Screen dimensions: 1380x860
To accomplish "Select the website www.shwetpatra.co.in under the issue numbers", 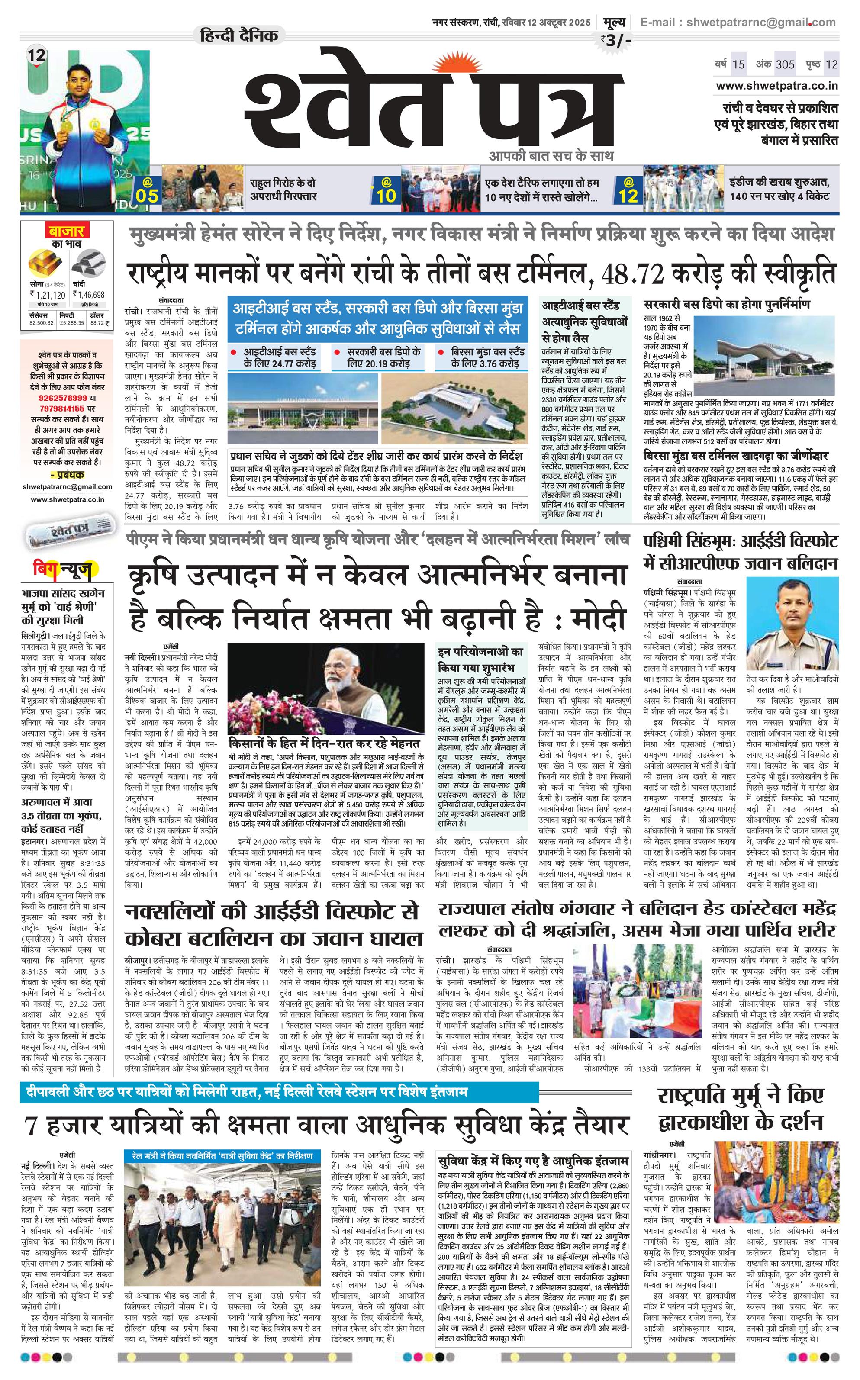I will pos(777,86).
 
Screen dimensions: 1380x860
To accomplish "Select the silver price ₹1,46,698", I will pos(89,295).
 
